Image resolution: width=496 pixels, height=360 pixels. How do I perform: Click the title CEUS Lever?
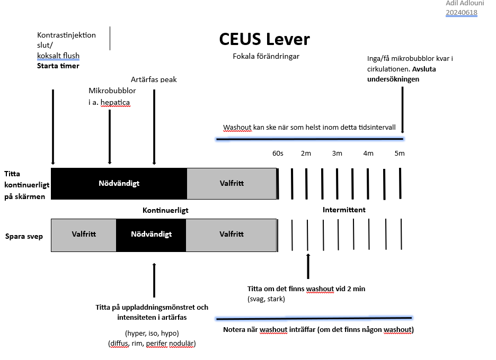(264, 39)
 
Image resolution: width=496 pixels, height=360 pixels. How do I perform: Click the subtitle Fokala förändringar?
(265, 56)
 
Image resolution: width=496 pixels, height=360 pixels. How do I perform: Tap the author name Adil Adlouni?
(461, 4)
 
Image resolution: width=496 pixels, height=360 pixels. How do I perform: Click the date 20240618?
(461, 13)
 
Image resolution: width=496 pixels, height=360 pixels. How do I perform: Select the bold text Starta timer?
(58, 66)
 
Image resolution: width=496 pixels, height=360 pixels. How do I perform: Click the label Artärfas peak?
(154, 79)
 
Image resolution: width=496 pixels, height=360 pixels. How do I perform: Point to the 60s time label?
(278, 154)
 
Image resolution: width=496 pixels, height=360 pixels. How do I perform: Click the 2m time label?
(306, 154)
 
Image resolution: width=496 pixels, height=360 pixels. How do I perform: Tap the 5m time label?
(400, 154)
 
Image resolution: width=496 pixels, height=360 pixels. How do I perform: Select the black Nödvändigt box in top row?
(119, 184)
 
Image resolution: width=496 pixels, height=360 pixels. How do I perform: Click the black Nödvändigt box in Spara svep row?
(151, 234)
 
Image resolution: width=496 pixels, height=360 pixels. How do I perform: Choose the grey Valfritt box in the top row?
(232, 184)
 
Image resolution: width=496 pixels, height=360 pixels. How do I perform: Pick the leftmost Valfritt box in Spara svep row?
(84, 234)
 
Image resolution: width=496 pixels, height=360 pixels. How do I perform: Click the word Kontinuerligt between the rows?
(165, 210)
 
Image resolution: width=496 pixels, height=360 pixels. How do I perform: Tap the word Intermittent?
(344, 210)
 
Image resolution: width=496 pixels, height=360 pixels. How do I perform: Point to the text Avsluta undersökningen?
(403, 74)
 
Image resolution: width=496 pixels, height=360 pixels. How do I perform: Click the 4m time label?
(368, 154)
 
